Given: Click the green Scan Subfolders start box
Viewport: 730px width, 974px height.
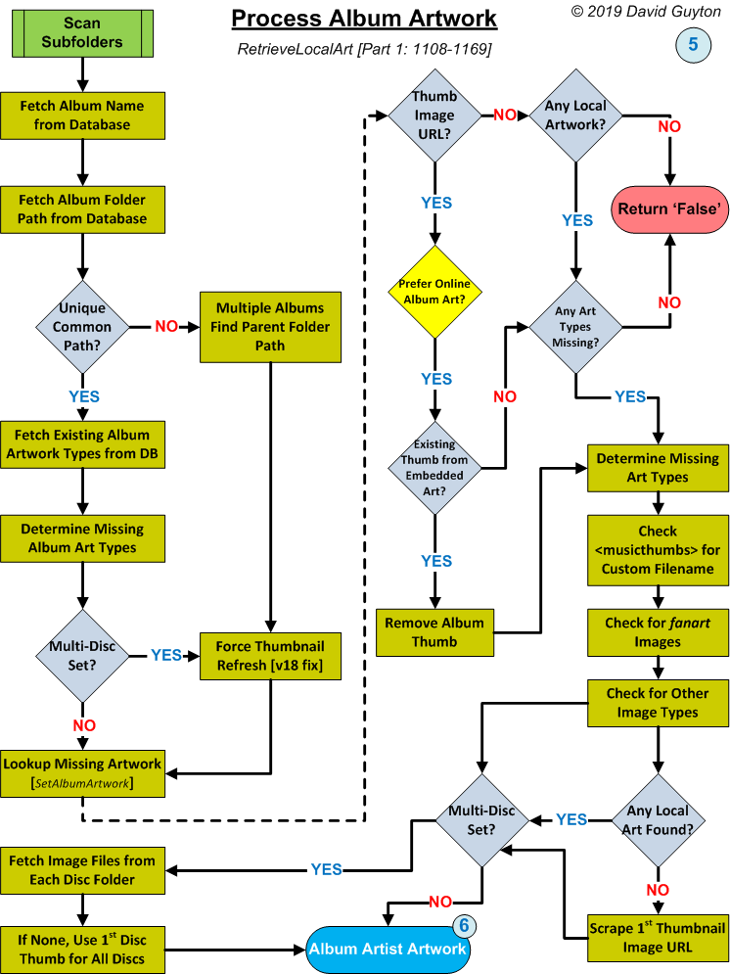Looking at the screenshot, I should click(x=81, y=31).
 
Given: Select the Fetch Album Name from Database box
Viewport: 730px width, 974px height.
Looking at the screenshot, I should click(x=81, y=116).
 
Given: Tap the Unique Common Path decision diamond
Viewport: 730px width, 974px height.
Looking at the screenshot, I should click(x=82, y=326).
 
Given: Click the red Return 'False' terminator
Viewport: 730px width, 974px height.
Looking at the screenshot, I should click(x=670, y=207).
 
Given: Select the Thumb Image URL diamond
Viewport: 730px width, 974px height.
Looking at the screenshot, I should click(x=434, y=116).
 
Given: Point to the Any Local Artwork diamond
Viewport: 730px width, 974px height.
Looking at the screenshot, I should click(x=575, y=116).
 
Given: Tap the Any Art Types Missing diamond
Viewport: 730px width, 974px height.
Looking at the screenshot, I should click(x=575, y=325).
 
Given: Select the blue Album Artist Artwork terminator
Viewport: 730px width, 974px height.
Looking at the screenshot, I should click(x=388, y=949).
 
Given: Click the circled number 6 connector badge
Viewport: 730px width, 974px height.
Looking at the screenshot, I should click(x=464, y=927).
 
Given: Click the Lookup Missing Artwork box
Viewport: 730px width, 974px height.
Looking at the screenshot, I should click(x=81, y=773).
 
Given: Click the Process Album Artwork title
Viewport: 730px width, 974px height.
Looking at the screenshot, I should click(x=364, y=19).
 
